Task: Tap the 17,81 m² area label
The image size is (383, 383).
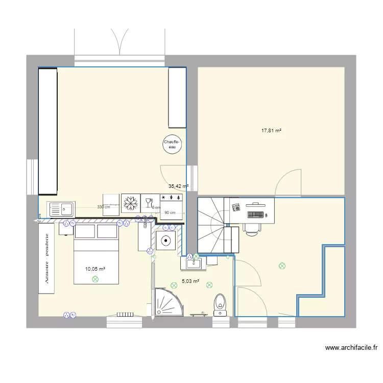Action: (x=272, y=131)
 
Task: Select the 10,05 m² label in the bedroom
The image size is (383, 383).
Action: (x=95, y=269)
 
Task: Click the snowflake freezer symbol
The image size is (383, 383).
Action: (x=130, y=202)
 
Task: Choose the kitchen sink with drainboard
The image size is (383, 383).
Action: (x=61, y=209)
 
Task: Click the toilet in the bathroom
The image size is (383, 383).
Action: (x=220, y=302)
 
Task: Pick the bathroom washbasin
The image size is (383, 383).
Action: (x=194, y=264)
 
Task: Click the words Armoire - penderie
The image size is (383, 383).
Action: (x=46, y=259)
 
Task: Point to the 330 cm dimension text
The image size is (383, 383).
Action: (x=104, y=207)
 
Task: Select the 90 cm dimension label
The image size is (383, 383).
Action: (x=170, y=213)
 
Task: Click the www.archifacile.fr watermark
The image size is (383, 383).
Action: (x=351, y=348)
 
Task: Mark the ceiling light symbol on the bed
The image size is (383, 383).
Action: (x=94, y=279)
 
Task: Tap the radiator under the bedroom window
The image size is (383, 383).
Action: (x=125, y=315)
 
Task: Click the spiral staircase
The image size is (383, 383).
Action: (x=210, y=225)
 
